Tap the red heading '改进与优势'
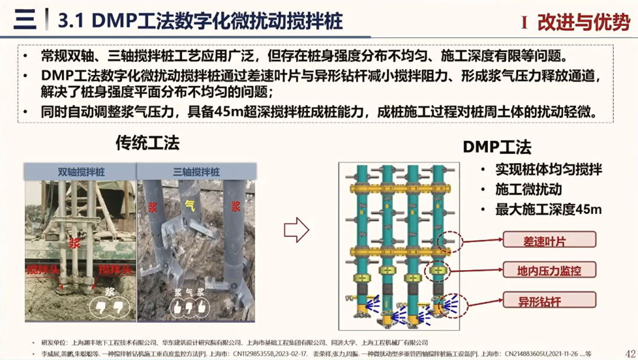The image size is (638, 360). click(583, 22)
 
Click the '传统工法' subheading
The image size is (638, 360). click(147, 142)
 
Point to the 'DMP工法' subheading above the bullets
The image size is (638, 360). click(496, 147)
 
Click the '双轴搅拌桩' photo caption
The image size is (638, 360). click(80, 171)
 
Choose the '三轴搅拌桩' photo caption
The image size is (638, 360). click(196, 171)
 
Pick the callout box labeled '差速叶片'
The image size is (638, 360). click(549, 239)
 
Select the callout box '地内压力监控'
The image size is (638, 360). click(549, 271)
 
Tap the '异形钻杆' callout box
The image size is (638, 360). click(549, 301)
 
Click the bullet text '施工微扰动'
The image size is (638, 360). click(529, 190)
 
